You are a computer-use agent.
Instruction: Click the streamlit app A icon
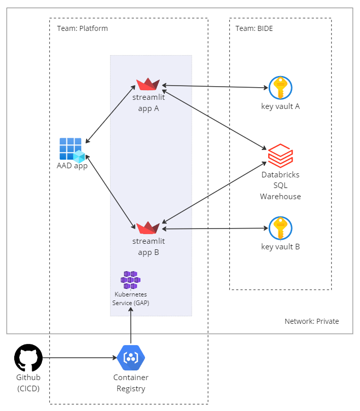pos(148,84)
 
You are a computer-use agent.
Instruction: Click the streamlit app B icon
pos(148,228)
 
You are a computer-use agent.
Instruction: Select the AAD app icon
pos(71,149)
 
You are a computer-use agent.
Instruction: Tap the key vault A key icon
pos(280,88)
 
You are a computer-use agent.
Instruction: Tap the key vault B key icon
pos(280,229)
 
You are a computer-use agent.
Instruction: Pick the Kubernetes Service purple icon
pos(131,280)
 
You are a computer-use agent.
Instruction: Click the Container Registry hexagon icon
pos(131,358)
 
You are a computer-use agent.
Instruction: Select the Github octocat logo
pos(28,358)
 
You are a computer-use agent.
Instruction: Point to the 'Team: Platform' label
pos(82,28)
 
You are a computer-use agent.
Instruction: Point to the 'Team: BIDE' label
pos(254,28)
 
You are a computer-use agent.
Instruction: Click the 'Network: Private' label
pos(311,321)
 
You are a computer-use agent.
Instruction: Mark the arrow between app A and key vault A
pos(214,87)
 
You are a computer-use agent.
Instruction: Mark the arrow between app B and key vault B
pos(214,229)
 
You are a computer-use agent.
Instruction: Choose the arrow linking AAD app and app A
pos(111,115)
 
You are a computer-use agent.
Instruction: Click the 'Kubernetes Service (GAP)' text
pos(131,298)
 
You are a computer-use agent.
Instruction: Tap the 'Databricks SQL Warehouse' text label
pos(280,185)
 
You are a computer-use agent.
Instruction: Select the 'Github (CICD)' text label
pos(28,383)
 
